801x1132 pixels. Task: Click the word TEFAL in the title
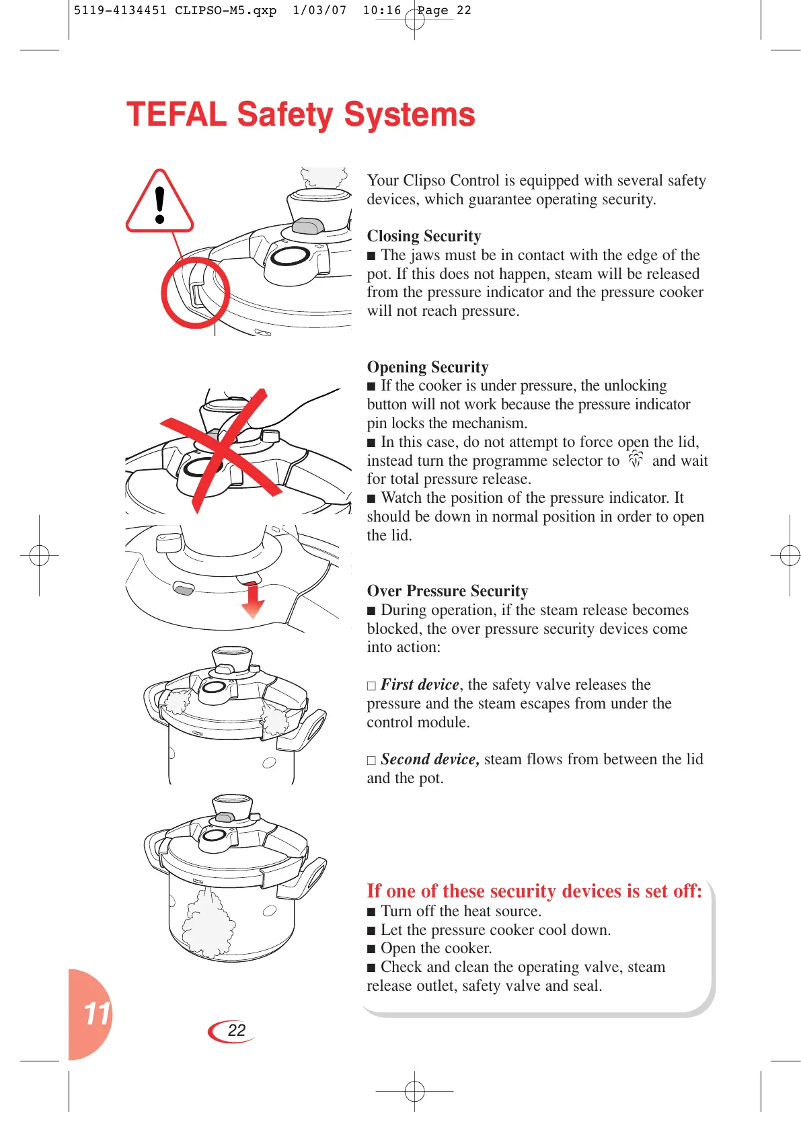coord(176,115)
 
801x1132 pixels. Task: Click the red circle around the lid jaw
coord(196,292)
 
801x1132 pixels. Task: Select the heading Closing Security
coord(424,236)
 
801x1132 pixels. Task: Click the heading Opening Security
coord(428,367)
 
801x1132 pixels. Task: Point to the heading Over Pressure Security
coord(447,591)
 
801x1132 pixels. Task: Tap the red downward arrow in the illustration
coord(253,600)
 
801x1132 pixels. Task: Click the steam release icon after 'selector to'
coord(636,460)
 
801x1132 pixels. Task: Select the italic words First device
coord(420,684)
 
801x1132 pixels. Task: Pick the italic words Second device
coord(430,759)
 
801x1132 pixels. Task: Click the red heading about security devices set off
coord(534,891)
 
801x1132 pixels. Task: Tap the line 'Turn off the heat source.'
coord(461,911)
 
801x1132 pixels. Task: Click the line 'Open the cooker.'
coord(436,948)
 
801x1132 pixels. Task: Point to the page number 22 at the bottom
coord(236,1030)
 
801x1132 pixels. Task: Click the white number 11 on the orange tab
coord(96,1014)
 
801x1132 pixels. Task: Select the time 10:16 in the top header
coord(381,11)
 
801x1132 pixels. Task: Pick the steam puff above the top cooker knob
coord(324,177)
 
